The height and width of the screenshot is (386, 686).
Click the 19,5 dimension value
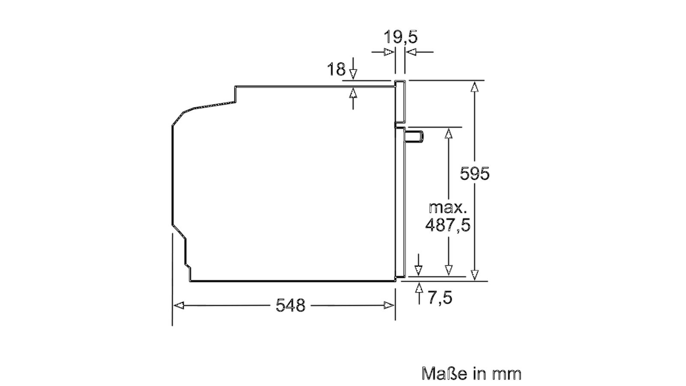click(400, 37)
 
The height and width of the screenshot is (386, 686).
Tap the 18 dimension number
click(336, 69)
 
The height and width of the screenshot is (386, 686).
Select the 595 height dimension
click(475, 174)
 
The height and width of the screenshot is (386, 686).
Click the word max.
click(448, 208)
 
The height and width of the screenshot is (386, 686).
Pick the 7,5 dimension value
click(440, 298)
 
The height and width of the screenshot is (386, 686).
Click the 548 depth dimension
click(290, 305)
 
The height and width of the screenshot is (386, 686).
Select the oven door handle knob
click(414, 136)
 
